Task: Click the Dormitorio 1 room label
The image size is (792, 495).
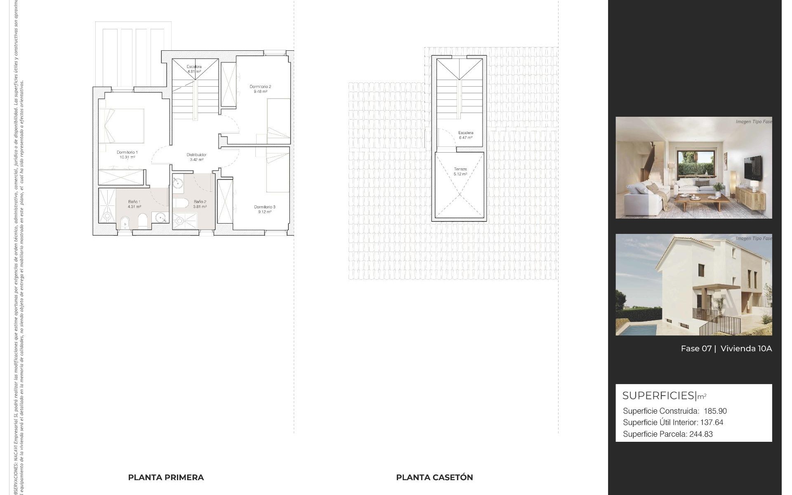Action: pyautogui.click(x=127, y=152)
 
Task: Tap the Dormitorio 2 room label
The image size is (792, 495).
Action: pyautogui.click(x=260, y=87)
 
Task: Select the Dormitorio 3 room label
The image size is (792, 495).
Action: pyautogui.click(x=264, y=207)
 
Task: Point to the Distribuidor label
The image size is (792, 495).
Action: pyautogui.click(x=196, y=155)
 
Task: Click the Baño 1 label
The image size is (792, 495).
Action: pyautogui.click(x=134, y=202)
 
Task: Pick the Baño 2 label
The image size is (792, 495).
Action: pyautogui.click(x=200, y=202)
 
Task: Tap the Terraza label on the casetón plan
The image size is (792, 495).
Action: pyautogui.click(x=460, y=169)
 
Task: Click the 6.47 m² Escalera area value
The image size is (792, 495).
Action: pyautogui.click(x=466, y=138)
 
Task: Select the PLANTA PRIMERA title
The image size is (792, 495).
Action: pyautogui.click(x=166, y=477)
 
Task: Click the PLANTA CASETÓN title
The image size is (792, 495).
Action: pyautogui.click(x=434, y=477)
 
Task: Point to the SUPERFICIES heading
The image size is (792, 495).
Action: pyautogui.click(x=659, y=396)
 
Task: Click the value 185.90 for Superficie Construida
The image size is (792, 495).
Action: pyautogui.click(x=715, y=411)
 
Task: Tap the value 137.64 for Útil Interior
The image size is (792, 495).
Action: pyautogui.click(x=712, y=422)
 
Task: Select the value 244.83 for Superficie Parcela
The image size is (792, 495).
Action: pyautogui.click(x=701, y=434)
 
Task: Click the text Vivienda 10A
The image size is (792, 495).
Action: pyautogui.click(x=746, y=349)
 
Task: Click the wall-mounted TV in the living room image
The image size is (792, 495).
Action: pyautogui.click(x=753, y=168)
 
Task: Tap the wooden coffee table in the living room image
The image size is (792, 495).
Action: pyautogui.click(x=699, y=201)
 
